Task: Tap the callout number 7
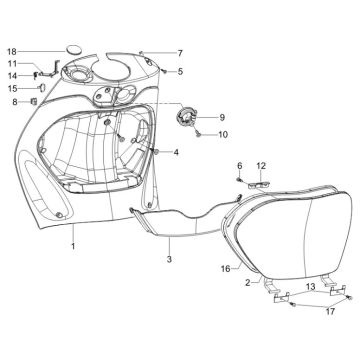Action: click(x=180, y=53)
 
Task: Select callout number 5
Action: click(x=180, y=71)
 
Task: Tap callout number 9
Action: click(x=222, y=117)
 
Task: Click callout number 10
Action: click(x=222, y=134)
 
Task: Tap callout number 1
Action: click(x=72, y=243)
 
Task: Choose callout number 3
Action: click(x=169, y=259)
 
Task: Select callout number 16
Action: click(x=225, y=268)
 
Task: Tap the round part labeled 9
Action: click(x=183, y=117)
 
